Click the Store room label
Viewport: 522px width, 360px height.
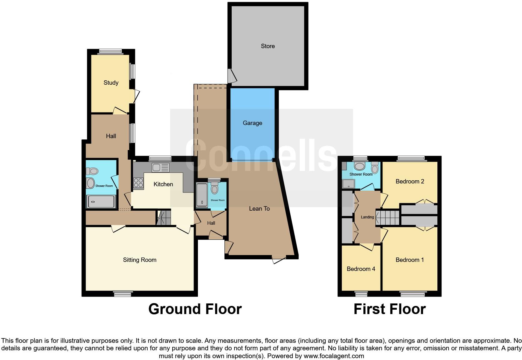coord(268,46)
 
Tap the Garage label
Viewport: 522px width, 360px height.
coord(252,123)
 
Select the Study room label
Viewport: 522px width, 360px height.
coord(111,83)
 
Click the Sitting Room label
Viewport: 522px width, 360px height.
coord(140,260)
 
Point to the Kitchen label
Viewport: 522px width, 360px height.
coord(163,184)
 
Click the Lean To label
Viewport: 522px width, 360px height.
coord(259,209)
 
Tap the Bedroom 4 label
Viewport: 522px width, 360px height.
coord(361,269)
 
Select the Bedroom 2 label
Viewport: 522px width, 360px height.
coord(410,182)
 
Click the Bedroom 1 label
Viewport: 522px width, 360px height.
coord(410,260)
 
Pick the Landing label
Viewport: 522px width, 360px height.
coord(367,217)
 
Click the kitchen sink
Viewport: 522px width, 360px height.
coord(160,168)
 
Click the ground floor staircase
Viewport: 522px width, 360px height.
coord(164,218)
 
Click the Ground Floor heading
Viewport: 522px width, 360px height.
coord(195,309)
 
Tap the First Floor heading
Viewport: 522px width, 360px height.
coord(389,309)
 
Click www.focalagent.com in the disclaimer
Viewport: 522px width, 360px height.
coord(333,356)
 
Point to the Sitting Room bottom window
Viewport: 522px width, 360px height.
coord(123,293)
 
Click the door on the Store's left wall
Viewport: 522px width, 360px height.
coord(231,76)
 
